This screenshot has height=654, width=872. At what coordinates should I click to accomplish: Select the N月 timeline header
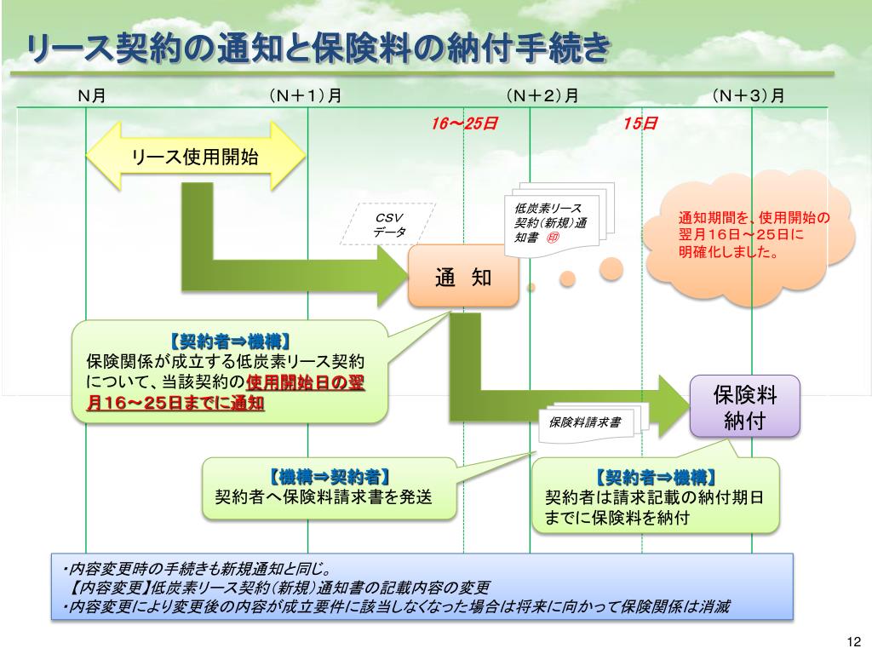tap(91, 95)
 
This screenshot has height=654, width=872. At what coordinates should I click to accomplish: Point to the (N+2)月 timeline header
tap(542, 95)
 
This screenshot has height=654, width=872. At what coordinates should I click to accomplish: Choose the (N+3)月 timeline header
tap(749, 95)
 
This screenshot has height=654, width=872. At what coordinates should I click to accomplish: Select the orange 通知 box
tap(463, 277)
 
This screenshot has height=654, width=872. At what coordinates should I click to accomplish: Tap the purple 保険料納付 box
tap(744, 406)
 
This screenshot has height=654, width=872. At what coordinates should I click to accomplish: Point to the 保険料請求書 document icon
tap(588, 422)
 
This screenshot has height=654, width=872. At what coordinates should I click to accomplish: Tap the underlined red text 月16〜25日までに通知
tap(175, 404)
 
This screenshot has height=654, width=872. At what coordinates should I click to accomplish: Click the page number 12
tap(855, 641)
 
